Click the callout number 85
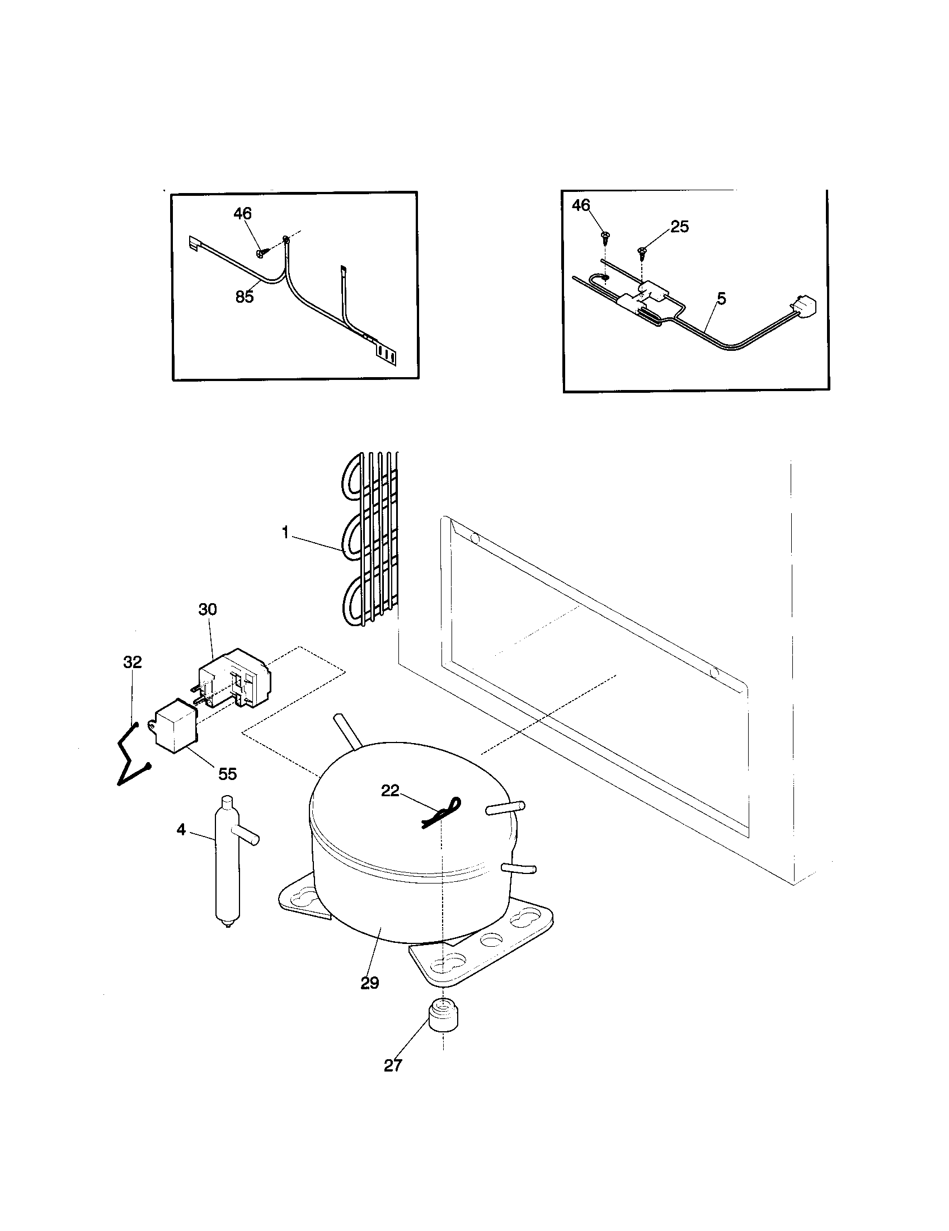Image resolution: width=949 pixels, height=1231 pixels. [x=245, y=297]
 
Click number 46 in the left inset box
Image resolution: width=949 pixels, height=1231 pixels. [x=242, y=214]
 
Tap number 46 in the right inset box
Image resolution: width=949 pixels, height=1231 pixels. [x=581, y=205]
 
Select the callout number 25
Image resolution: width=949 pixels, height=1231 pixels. [x=679, y=227]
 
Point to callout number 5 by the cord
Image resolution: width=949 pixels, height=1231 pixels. [x=722, y=299]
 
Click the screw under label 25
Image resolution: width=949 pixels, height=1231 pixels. [x=641, y=252]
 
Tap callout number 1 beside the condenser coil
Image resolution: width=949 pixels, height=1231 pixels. [x=285, y=532]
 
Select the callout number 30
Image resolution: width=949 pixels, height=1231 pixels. [x=208, y=609]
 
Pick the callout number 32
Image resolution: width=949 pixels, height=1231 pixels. [x=133, y=662]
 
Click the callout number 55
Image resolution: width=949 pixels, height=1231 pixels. [x=227, y=774]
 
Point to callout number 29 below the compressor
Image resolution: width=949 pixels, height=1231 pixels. [x=370, y=983]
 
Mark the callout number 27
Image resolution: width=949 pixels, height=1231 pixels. [x=393, y=1065]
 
